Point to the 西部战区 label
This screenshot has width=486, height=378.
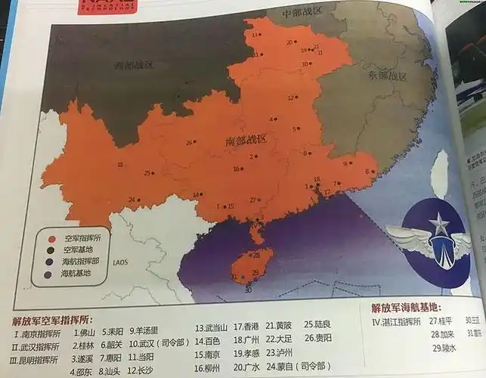click(x=134, y=65)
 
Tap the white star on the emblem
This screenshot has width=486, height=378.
click(x=438, y=224)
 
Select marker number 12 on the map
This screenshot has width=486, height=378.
click(x=291, y=98)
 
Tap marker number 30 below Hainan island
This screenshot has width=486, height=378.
click(x=247, y=290)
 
